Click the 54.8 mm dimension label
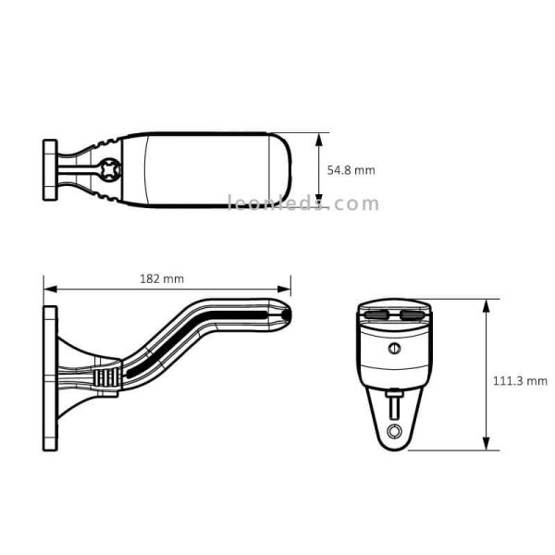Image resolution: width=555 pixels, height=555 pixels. [x=351, y=170]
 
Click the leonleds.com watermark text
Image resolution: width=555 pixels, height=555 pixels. [x=303, y=204]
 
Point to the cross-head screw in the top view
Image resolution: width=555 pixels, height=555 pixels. [x=110, y=171]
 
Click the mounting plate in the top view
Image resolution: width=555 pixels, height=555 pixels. [x=49, y=169]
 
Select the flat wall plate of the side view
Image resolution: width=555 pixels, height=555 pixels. [x=49, y=379]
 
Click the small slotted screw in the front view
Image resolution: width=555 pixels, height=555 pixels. [x=394, y=349]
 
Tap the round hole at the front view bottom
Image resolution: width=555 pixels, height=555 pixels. [x=395, y=431]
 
